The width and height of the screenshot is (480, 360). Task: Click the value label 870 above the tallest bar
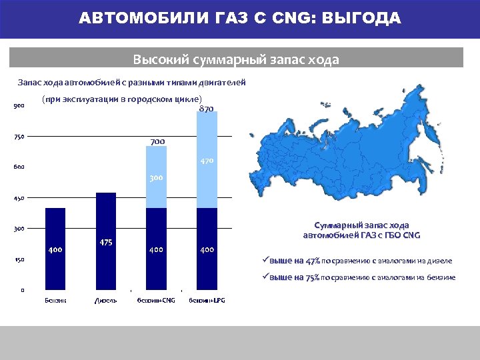pyautogui.click(x=207, y=109)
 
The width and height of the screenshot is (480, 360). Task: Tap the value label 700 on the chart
pyautogui.click(x=157, y=142)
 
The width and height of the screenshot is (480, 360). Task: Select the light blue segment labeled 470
pyautogui.click(x=207, y=167)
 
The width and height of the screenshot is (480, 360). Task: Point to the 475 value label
pyautogui.click(x=106, y=243)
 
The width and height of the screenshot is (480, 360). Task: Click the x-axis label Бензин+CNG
pyautogui.click(x=156, y=301)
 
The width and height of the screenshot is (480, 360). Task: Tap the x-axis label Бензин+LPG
pyautogui.click(x=207, y=301)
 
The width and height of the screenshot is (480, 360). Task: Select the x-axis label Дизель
pyautogui.click(x=106, y=301)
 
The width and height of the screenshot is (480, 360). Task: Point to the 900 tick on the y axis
pyautogui.click(x=18, y=106)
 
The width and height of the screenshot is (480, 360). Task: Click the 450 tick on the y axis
pyautogui.click(x=18, y=198)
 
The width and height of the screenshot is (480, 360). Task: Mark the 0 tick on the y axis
pyautogui.click(x=23, y=290)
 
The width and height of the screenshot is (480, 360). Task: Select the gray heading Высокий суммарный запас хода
pyautogui.click(x=236, y=59)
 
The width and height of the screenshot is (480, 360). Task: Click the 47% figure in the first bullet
pyautogui.click(x=308, y=261)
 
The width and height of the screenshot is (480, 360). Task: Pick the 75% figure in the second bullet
pyautogui.click(x=308, y=277)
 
